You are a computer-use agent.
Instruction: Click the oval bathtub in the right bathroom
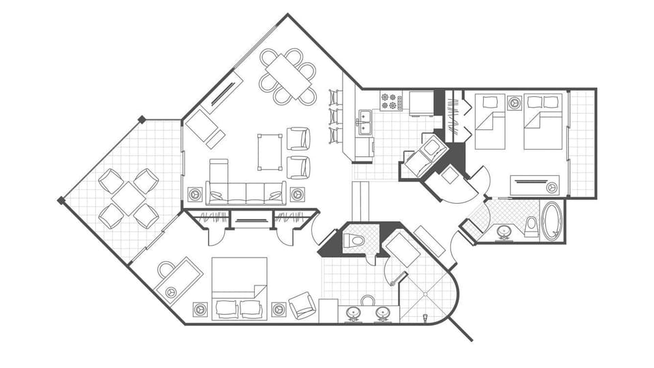[x=551, y=219]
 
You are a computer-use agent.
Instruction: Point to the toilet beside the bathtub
[x=531, y=226]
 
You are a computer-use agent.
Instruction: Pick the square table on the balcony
[x=129, y=198]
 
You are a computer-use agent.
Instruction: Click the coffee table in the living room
[x=270, y=151]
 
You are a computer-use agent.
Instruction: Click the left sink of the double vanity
[x=354, y=313]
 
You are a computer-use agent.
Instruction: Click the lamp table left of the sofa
[x=196, y=194]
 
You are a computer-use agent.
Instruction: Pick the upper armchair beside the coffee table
[x=298, y=138]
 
